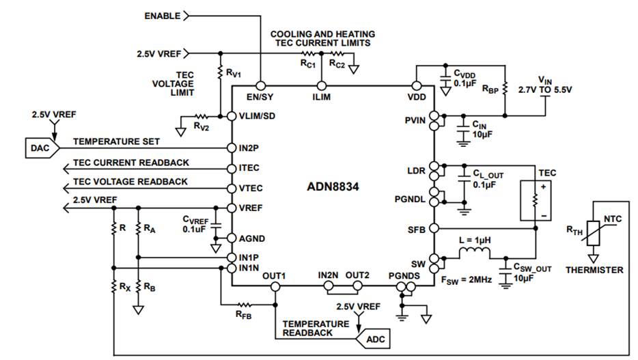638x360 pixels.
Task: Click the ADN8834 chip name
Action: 333,186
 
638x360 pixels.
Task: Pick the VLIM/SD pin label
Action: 256,115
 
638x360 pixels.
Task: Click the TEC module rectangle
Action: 534,199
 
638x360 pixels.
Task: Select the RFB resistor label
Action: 245,316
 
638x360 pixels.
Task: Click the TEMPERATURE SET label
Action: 117,141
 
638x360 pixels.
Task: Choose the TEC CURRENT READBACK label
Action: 131,163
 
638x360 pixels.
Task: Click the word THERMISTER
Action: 594,270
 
